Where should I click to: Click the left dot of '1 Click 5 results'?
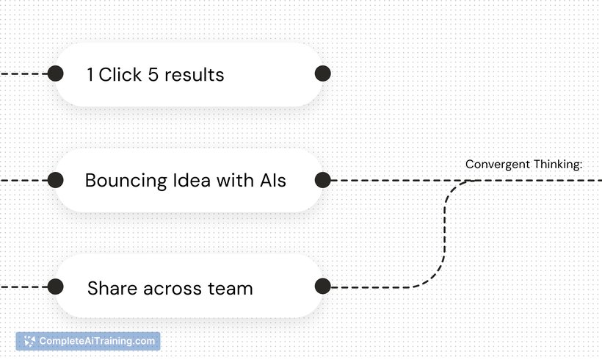point(56,73)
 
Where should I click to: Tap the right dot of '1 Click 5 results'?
point(323,73)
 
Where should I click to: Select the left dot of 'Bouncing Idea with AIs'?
point(56,180)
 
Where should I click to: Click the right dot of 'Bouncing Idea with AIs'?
point(323,180)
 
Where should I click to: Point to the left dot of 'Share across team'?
point(56,287)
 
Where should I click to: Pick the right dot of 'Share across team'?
point(323,287)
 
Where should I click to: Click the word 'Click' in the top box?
point(120,74)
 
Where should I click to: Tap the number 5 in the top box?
point(153,74)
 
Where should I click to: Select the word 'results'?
point(195,74)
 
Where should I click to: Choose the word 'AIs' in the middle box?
point(273,180)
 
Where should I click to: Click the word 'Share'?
point(112,288)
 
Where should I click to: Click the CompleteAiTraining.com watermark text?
point(97,341)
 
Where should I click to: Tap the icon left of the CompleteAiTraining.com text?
point(29,341)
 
